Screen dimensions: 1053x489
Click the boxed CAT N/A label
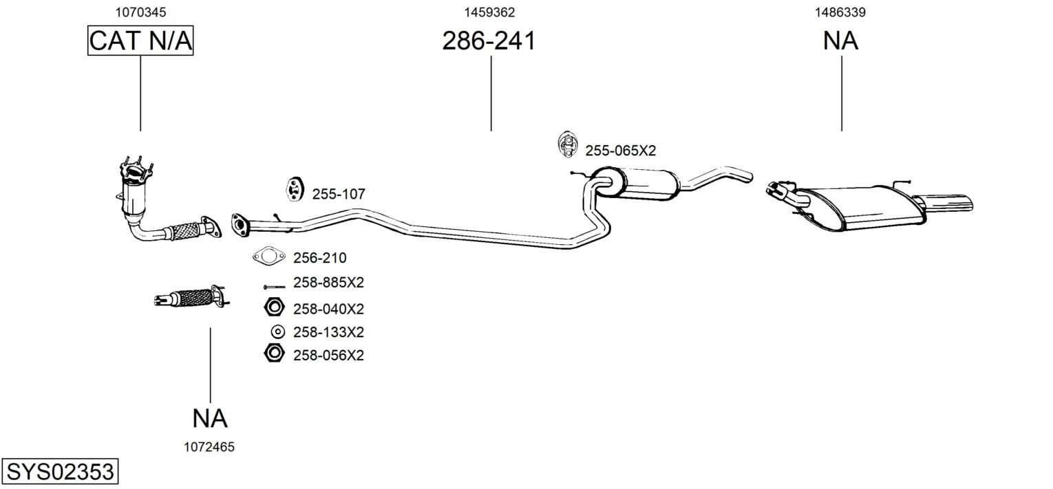coord(140,41)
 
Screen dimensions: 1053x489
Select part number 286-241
coord(489,41)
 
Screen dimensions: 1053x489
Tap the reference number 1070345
coord(140,12)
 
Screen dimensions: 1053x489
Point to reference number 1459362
coord(489,12)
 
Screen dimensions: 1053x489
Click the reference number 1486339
coord(840,12)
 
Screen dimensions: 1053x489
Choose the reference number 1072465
coord(209,447)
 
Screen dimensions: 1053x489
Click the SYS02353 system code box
coord(60,471)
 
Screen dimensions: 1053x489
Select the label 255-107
coord(339,193)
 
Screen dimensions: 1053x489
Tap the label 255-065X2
coord(620,151)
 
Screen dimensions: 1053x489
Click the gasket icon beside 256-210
coord(269,257)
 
